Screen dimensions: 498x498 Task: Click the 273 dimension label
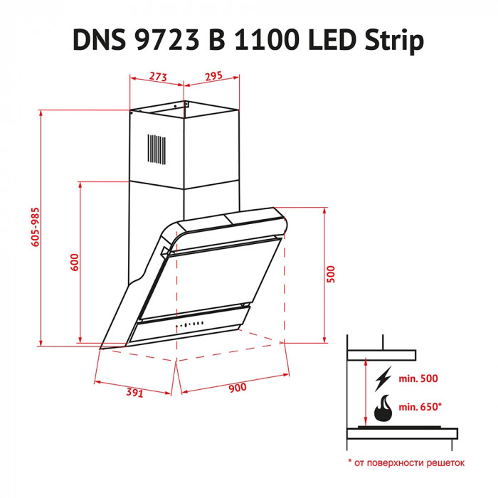click(157, 75)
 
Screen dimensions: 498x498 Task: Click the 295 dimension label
click(214, 75)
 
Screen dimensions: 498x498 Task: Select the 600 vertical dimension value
click(74, 263)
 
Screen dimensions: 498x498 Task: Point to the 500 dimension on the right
click(331, 274)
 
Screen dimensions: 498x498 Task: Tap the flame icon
click(384, 408)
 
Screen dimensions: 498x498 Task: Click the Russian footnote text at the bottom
click(406, 462)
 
